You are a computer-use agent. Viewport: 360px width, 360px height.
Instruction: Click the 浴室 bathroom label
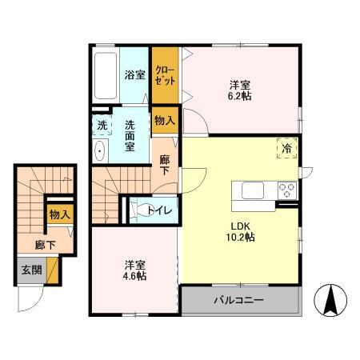click(134, 75)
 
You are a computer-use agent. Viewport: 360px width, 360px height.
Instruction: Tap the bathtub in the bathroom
click(106, 75)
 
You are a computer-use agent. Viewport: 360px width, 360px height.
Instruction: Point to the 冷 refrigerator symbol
click(286, 148)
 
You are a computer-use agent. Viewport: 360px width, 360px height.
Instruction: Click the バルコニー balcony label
click(238, 302)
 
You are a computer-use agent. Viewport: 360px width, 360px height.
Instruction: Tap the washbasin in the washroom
click(99, 152)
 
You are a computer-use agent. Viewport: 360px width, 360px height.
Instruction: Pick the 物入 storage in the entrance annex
click(58, 214)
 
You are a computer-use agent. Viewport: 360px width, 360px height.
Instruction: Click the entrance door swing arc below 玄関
click(30, 300)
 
